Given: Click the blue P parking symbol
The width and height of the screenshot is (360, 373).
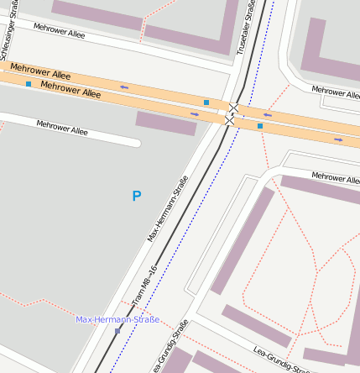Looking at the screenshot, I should point(137,196).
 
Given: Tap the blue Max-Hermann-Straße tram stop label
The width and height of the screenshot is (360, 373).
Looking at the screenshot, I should point(117,320).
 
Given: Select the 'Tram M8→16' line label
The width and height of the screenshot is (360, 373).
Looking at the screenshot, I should point(144,285).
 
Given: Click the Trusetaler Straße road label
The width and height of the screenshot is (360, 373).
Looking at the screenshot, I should point(248,28).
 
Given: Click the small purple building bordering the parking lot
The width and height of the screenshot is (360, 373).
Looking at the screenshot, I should point(165,123).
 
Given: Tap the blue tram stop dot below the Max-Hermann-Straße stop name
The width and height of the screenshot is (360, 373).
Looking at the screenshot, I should point(117,331).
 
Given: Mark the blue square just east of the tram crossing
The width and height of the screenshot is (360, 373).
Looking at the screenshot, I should point(260,126).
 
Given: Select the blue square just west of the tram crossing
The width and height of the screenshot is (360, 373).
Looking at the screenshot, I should point(206,102).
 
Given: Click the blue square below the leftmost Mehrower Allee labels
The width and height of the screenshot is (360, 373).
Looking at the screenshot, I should point(29,84).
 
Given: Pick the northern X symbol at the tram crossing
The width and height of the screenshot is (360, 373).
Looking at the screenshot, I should point(234,108).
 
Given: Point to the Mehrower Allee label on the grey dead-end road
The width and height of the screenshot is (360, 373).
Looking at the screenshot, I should point(62,128).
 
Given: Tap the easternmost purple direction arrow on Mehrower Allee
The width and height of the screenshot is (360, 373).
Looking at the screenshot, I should point(338,139).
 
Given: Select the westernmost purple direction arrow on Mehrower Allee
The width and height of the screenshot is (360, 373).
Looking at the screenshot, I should point(124,87).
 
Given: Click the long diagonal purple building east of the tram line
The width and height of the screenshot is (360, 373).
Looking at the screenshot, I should point(243,240).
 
